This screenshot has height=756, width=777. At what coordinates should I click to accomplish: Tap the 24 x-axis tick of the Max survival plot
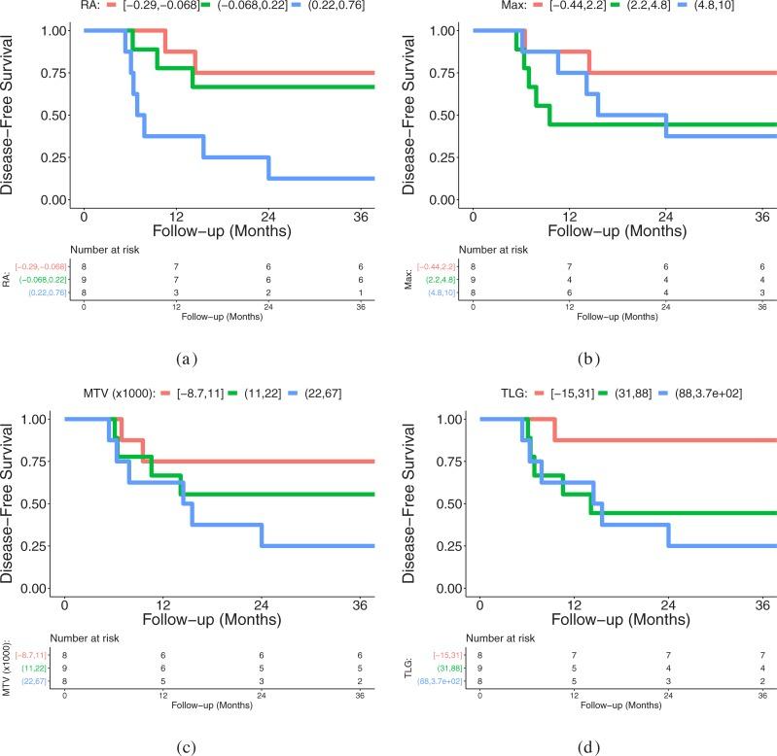(666, 215)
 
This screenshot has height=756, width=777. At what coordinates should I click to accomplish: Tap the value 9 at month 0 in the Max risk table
(474, 280)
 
